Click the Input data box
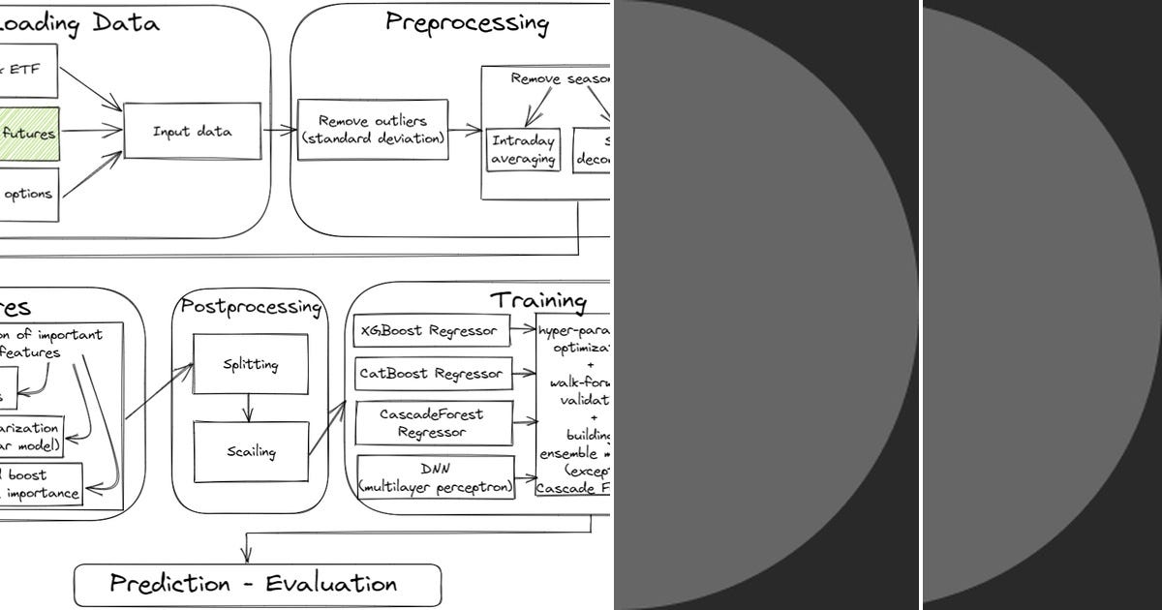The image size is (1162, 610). [x=193, y=132]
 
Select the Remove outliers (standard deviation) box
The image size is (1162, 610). [x=373, y=130]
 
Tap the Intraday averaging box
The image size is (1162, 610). [x=524, y=149]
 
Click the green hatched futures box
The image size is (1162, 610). [x=29, y=135]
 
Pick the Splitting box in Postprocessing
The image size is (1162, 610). [x=251, y=364]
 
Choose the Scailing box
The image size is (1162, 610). [x=251, y=451]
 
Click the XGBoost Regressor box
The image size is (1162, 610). [x=429, y=330]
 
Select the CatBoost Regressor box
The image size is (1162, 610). [x=431, y=373]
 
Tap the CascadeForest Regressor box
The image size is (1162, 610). [x=432, y=423]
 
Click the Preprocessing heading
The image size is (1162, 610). [x=467, y=23]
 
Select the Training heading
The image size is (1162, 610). [x=537, y=301]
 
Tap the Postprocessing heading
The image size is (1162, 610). [x=251, y=307]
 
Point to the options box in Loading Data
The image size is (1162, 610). [x=29, y=194]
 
